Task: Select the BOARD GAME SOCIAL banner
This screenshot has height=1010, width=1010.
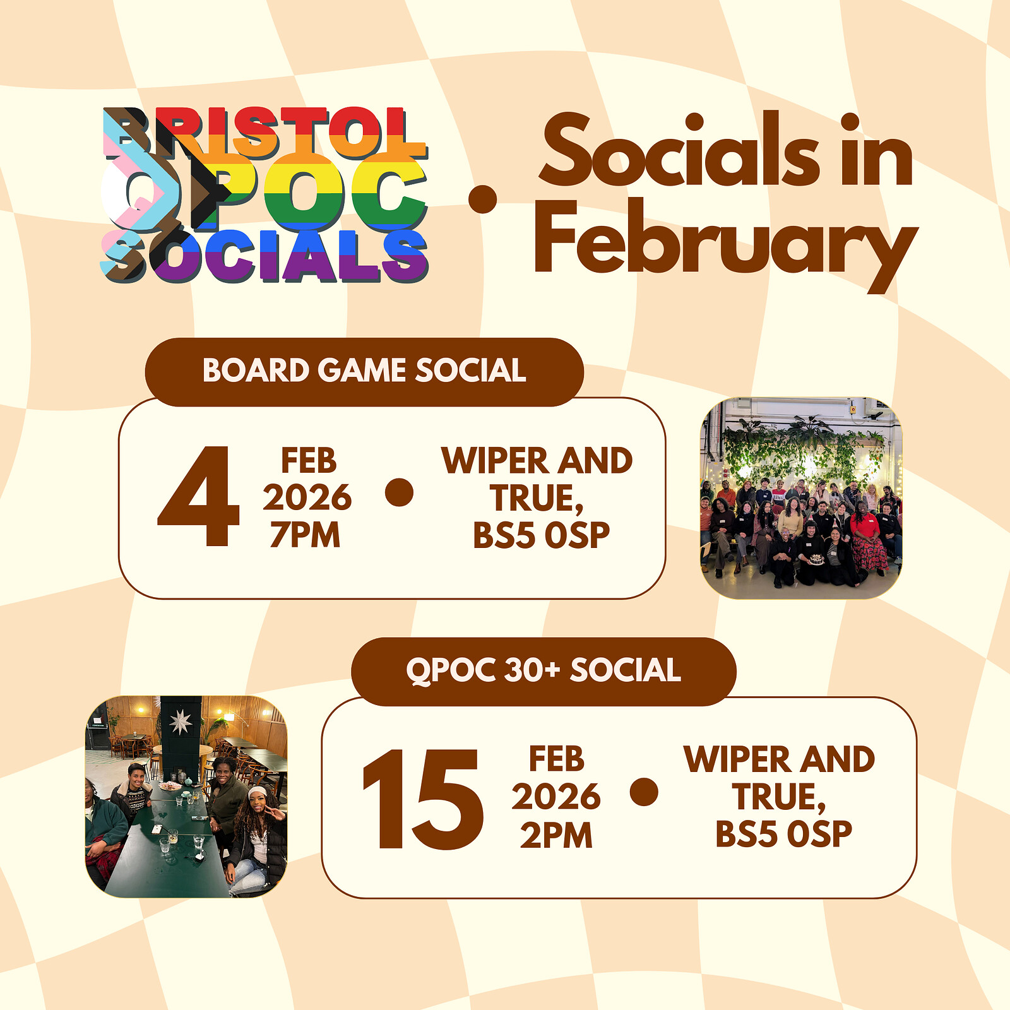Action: click(364, 371)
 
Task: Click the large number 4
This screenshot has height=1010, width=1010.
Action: click(199, 497)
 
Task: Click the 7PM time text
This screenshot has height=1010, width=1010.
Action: click(306, 535)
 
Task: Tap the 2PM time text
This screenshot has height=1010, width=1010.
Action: click(556, 836)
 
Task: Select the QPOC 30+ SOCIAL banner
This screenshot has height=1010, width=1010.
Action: click(544, 670)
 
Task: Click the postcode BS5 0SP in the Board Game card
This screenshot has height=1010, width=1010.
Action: click(541, 535)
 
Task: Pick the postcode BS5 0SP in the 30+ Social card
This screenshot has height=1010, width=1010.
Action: click(783, 834)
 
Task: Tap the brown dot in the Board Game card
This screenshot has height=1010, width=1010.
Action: click(399, 492)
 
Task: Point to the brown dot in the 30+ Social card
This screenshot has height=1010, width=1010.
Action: click(644, 792)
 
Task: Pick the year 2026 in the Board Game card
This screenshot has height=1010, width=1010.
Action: click(307, 498)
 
